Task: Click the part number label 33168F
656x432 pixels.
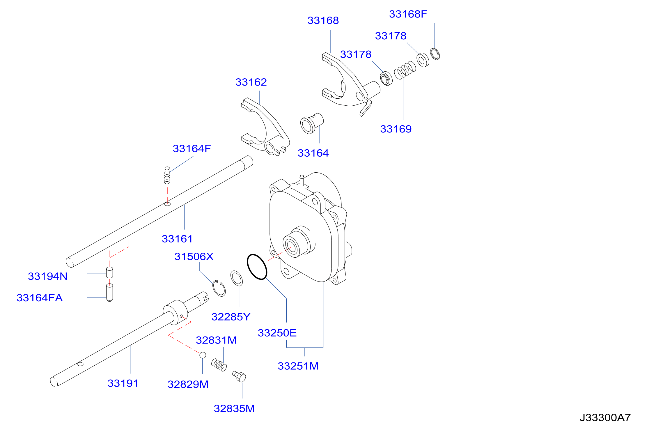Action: click(x=408, y=14)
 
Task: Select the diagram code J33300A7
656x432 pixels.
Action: click(x=605, y=417)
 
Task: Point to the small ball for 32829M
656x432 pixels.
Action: click(x=203, y=355)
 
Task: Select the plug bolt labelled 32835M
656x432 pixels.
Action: click(x=239, y=376)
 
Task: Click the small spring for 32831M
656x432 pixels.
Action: click(x=219, y=365)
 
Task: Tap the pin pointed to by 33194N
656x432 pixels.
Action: click(x=109, y=272)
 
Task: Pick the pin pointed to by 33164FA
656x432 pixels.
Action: click(x=109, y=293)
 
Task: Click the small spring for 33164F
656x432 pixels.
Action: click(x=167, y=175)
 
